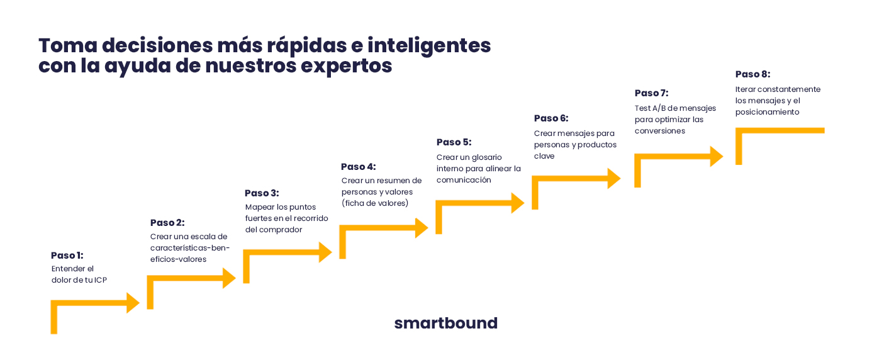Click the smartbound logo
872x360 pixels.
(445, 323)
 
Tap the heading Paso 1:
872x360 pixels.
(67, 255)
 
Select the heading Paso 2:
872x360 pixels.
(167, 222)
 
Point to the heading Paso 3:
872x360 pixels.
(262, 193)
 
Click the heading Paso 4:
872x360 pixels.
(359, 167)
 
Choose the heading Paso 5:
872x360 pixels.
(454, 142)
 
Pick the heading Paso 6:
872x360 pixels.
(551, 118)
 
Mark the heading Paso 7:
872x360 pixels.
(651, 93)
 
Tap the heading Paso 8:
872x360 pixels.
(752, 74)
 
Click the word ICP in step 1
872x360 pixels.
(101, 280)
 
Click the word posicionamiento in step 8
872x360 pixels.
(768, 112)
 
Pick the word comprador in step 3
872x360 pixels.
(281, 230)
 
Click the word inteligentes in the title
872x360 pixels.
(429, 46)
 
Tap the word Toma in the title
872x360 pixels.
(68, 45)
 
